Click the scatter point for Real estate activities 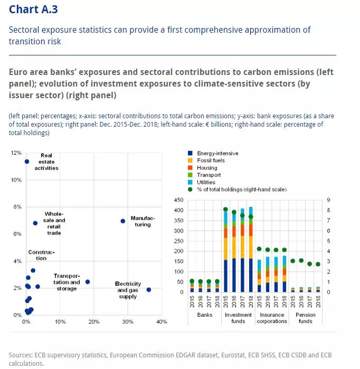tap(26, 161)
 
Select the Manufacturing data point tap(123, 221)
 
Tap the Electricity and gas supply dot tap(149, 289)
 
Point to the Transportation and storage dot tap(88, 282)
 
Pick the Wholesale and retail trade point tap(35, 223)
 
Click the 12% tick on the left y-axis tap(16, 153)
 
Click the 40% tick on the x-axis tap(162, 321)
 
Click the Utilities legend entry tap(206, 182)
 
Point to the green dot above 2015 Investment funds tap(225, 209)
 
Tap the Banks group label tap(204, 314)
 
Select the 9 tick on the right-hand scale tap(328, 200)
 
